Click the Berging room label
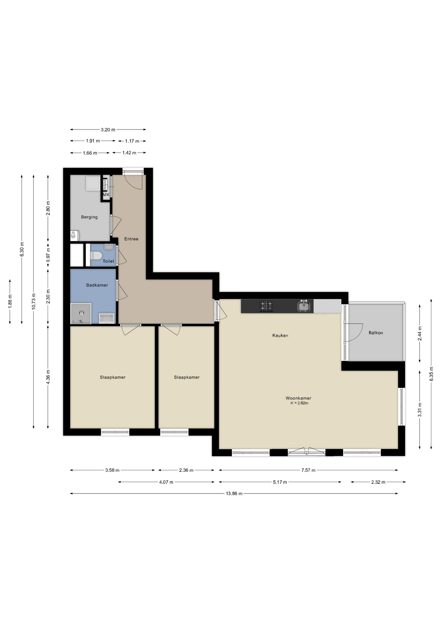[x=89, y=217]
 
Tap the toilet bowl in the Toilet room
[x=96, y=256]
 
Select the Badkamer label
[x=97, y=285]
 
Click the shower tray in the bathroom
[x=81, y=313]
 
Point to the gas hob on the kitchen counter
[x=266, y=306]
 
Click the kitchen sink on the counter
[x=304, y=306]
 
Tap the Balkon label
[x=376, y=333]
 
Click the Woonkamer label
[x=298, y=398]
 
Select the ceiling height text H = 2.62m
[x=299, y=403]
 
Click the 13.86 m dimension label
[x=234, y=494]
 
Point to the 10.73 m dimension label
[x=33, y=301]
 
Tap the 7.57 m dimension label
[x=308, y=470]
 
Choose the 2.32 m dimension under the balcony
[x=378, y=482]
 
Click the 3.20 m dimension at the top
[x=108, y=130]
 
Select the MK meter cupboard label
[x=106, y=195]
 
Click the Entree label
[x=131, y=239]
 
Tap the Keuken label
[x=280, y=336]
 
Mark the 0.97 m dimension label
[x=48, y=255]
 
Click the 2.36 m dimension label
[x=186, y=470]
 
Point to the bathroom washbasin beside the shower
[x=107, y=318]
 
